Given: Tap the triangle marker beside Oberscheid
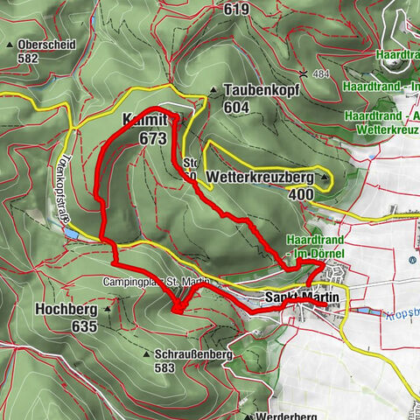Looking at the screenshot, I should (x=10, y=44).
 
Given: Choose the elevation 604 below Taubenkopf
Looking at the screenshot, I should (x=236, y=107).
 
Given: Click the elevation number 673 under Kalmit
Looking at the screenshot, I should (x=152, y=137).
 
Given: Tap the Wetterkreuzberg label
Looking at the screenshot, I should (x=261, y=176).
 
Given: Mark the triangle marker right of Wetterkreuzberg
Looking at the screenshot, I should (x=324, y=177).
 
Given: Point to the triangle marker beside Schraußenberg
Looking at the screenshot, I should (x=144, y=355).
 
